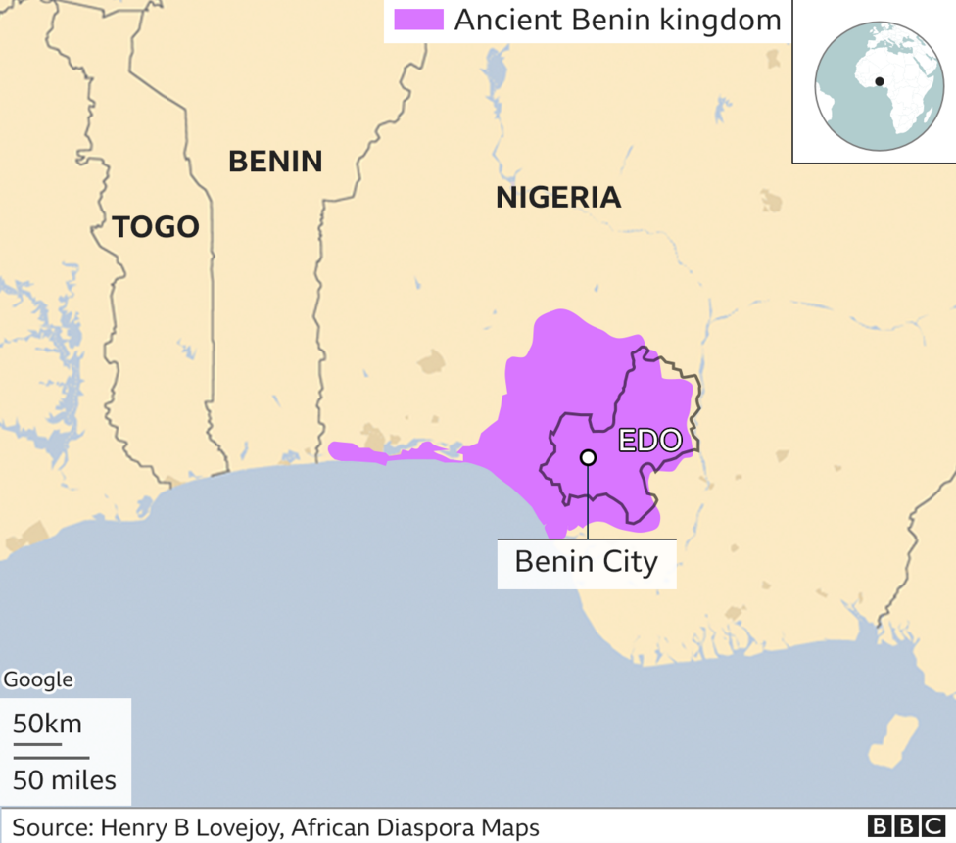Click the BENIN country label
point(275,162)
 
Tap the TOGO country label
point(156,227)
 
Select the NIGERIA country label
point(558,197)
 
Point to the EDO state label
point(649,441)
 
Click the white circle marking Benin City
point(588,457)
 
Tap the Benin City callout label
point(586,563)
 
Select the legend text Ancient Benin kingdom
point(617,20)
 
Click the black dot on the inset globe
point(880,81)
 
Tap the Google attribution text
point(39,679)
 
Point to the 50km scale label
point(47,725)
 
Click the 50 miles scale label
point(65,780)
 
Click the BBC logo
point(907,826)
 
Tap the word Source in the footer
point(46,826)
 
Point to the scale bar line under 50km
point(37,744)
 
